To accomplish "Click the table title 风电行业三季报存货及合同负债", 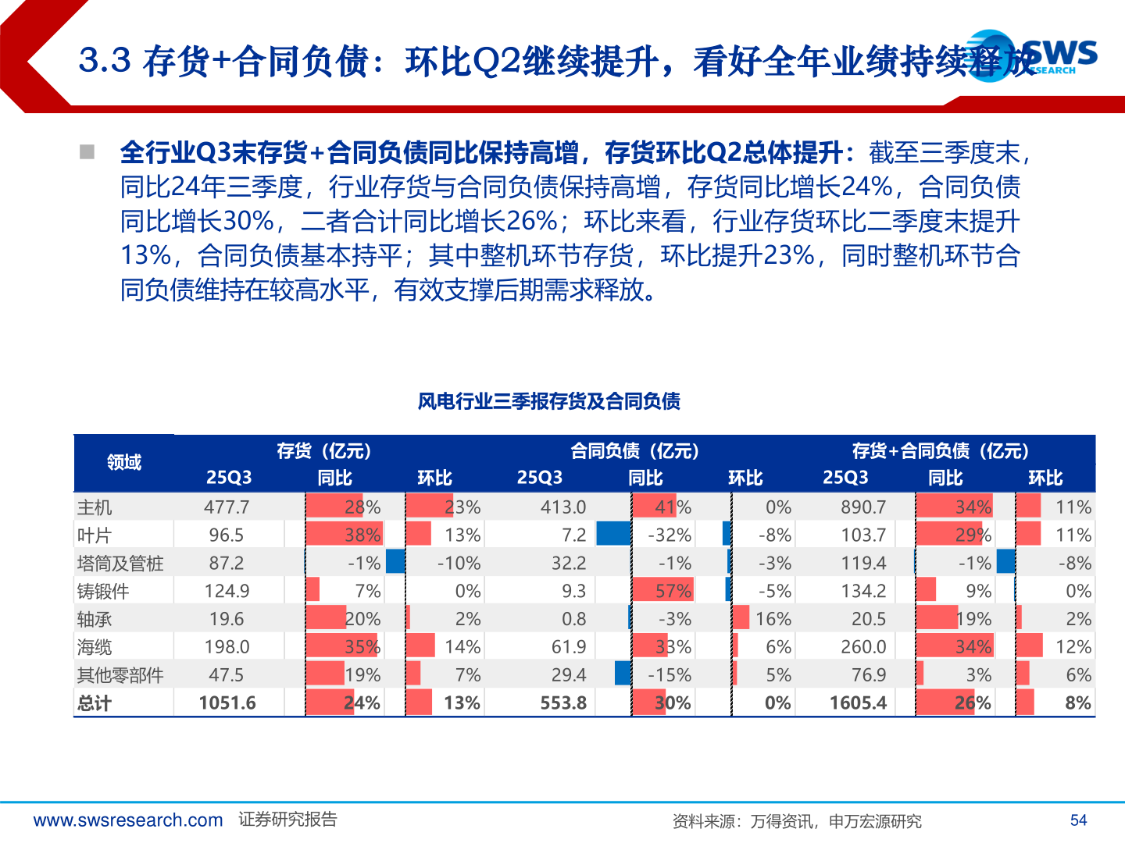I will click(548, 401).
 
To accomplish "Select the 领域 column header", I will click(124, 463).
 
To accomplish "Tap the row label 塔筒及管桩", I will click(120, 564).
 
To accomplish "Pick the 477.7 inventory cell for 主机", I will click(227, 507).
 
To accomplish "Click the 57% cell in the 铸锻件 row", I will click(673, 592).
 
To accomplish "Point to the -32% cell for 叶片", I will click(670, 535).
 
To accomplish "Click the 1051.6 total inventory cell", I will click(227, 703).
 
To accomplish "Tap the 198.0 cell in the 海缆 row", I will click(227, 647).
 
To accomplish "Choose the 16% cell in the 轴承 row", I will click(773, 620).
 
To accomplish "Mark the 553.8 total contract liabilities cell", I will click(563, 703).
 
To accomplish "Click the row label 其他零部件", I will click(120, 675).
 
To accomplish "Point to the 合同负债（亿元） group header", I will click(634, 451).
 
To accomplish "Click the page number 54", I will click(1078, 820).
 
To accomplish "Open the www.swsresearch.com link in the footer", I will click(128, 820).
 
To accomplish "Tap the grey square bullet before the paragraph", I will click(87, 151).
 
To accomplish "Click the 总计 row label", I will click(95, 703).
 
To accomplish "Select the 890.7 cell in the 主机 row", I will click(863, 507).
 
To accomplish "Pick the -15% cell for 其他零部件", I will click(670, 675).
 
